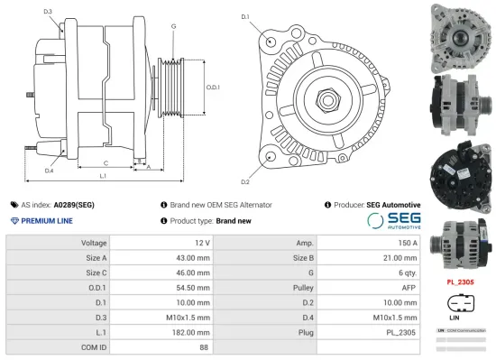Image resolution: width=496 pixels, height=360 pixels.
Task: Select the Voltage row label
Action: (x=94, y=243)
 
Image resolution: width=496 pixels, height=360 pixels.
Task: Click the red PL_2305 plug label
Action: (x=461, y=282)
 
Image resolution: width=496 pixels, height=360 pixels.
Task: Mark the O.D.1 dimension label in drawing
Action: (x=214, y=87)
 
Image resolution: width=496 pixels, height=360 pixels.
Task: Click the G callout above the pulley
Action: (x=173, y=26)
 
